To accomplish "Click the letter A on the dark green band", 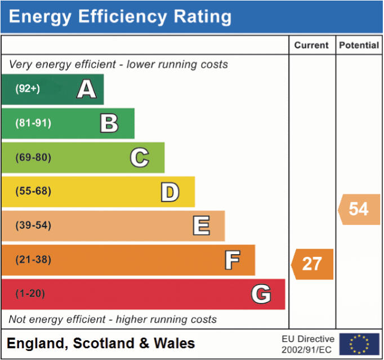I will pos(86,89).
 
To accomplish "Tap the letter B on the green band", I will pos(109,123).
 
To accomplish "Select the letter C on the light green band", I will pos(139,158).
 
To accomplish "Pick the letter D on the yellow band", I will pos(169,192).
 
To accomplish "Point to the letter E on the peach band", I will pos(201,226).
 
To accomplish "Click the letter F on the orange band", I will pos(232,260).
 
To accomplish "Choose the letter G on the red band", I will pos(261,294).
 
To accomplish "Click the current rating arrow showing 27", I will pos(312,264).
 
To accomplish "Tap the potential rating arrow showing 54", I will pos(359,209).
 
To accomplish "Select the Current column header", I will pos(311,46).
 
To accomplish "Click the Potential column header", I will pos(359,46).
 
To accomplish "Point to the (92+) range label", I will pos(28,89).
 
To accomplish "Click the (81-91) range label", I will pos(33,123).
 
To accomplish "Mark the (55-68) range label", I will pos(33,192).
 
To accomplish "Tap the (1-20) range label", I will pos(30,294).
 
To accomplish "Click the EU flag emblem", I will pos(359,344).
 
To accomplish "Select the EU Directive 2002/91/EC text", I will pos(309,344).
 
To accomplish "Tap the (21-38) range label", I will pos(33,260).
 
